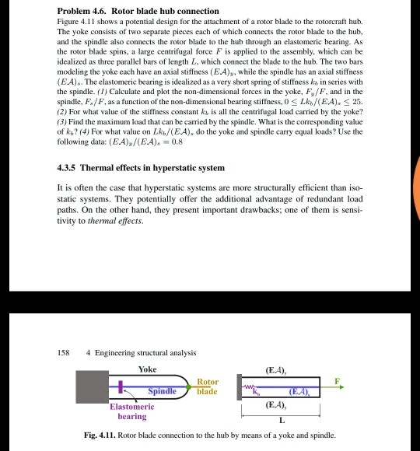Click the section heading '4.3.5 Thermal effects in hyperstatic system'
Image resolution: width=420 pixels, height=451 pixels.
tap(141, 168)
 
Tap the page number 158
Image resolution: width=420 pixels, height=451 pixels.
tap(65, 352)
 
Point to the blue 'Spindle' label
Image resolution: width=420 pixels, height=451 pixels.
tap(165, 390)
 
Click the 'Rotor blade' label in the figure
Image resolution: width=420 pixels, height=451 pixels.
tap(208, 386)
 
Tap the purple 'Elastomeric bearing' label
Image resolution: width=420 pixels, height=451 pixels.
tap(132, 411)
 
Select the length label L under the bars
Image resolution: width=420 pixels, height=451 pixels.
tap(282, 421)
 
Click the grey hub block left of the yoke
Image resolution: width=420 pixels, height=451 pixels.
tap(91, 386)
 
